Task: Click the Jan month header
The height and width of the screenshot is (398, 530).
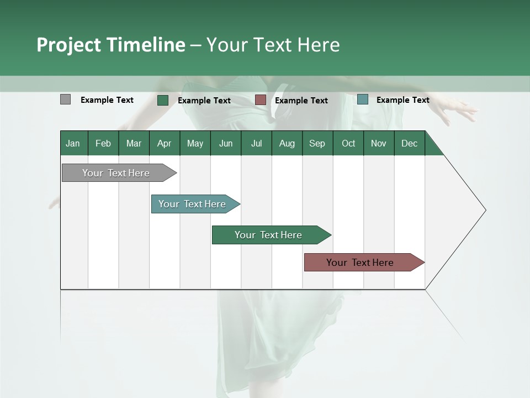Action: pyautogui.click(x=73, y=143)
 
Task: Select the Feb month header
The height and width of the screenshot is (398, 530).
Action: pyautogui.click(x=103, y=143)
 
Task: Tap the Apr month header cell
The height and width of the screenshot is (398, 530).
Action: pyautogui.click(x=165, y=143)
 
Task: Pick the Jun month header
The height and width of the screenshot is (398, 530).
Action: pyautogui.click(x=226, y=143)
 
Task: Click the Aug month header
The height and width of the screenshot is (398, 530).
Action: pyautogui.click(x=287, y=143)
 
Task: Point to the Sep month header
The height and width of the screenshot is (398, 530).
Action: pyautogui.click(x=317, y=143)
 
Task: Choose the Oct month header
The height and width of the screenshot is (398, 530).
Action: pyautogui.click(x=348, y=143)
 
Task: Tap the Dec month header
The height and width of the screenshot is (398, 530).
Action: pyautogui.click(x=410, y=143)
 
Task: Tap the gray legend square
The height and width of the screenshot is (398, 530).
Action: pyautogui.click(x=66, y=99)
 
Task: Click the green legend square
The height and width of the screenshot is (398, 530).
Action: pyautogui.click(x=163, y=100)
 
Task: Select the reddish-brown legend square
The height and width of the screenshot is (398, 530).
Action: pyautogui.click(x=261, y=100)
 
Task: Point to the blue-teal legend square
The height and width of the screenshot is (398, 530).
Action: pyautogui.click(x=363, y=99)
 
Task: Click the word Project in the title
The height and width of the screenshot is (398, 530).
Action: pyautogui.click(x=69, y=45)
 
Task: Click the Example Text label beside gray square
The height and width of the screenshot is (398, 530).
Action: pyautogui.click(x=107, y=100)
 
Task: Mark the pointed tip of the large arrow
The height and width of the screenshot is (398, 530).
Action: pyautogui.click(x=485, y=210)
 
